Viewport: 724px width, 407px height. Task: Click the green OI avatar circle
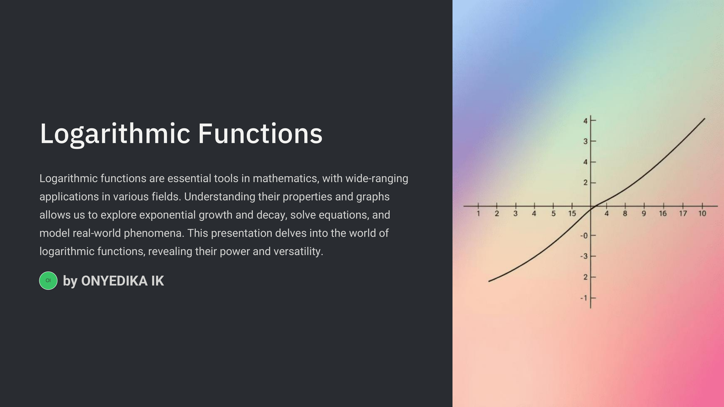tap(48, 281)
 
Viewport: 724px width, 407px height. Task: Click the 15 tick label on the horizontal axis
tap(572, 213)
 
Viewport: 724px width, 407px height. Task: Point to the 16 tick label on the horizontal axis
tap(663, 213)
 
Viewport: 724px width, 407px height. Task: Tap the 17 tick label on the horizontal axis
tap(683, 213)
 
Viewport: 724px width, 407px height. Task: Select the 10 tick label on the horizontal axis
tap(702, 213)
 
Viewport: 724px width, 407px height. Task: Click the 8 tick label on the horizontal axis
tap(625, 213)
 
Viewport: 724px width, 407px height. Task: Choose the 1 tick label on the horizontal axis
tap(478, 213)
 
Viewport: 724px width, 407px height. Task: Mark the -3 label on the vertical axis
tap(584, 256)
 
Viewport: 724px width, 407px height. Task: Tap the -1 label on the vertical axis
tap(584, 298)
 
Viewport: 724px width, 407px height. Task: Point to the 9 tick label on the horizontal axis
tap(644, 213)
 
